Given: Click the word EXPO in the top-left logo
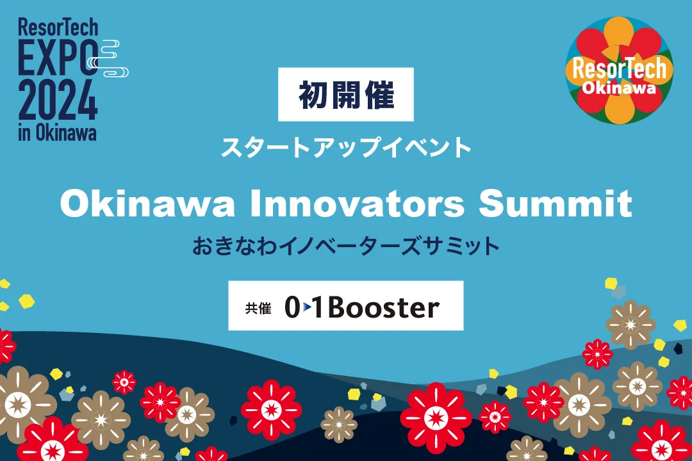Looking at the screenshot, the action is pyautogui.click(x=58, y=58).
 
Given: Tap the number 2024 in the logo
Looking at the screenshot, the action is pyautogui.click(x=58, y=101).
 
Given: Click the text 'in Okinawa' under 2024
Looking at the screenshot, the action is pyautogui.click(x=58, y=133).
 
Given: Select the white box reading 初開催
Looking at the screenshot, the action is pyautogui.click(x=345, y=94).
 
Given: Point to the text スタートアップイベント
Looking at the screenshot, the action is pyautogui.click(x=346, y=147).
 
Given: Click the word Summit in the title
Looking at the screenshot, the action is pyautogui.click(x=556, y=204).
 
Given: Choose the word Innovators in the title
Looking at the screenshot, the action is pyautogui.click(x=358, y=204).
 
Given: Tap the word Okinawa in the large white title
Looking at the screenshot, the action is pyautogui.click(x=147, y=204).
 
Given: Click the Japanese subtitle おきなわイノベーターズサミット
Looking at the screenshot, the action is pyautogui.click(x=345, y=246).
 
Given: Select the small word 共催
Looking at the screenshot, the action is pyautogui.click(x=258, y=308).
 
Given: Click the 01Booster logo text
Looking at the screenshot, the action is pyautogui.click(x=362, y=307).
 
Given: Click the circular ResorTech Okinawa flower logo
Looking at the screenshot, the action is pyautogui.click(x=619, y=70).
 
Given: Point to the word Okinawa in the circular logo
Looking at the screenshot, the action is pyautogui.click(x=619, y=88).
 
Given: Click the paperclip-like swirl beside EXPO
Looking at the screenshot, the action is pyautogui.click(x=108, y=58).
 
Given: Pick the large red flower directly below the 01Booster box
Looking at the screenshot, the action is pyautogui.click(x=436, y=417).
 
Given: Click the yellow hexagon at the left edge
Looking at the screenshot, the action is pyautogui.click(x=26, y=302).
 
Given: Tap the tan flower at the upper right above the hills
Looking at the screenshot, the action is pyautogui.click(x=630, y=325).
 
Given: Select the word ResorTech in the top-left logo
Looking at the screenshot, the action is pyautogui.click(x=58, y=28).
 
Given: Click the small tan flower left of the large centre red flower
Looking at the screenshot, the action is pyautogui.click(x=339, y=425).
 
